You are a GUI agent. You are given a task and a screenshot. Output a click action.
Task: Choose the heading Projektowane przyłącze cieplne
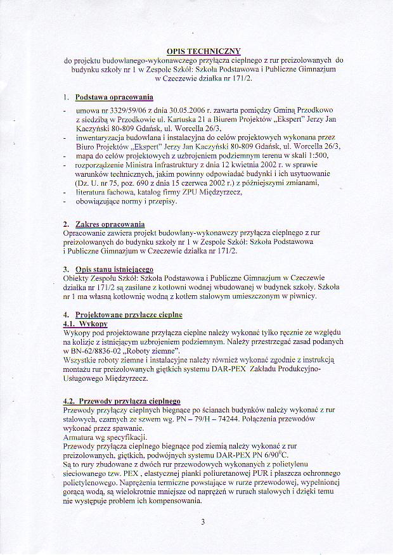click(x=128, y=314)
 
